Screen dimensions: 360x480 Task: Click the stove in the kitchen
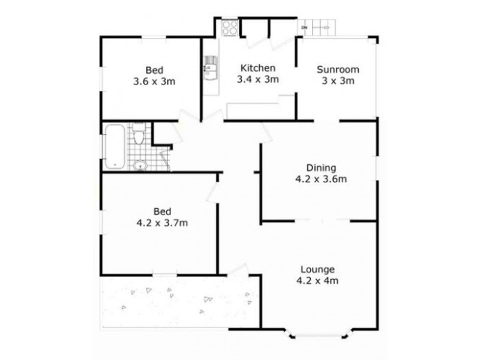229,27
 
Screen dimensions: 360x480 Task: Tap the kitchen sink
209,67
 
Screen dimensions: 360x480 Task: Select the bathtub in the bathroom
113,146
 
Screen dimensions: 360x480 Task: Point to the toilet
139,134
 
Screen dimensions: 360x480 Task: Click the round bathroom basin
140,166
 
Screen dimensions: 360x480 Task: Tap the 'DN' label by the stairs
304,28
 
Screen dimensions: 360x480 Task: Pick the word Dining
322,167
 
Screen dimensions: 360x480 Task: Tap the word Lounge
319,269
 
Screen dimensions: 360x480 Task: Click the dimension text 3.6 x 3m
154,82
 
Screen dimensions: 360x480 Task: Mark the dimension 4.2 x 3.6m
322,179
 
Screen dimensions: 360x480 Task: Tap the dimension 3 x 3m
336,80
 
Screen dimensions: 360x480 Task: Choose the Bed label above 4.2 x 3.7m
163,211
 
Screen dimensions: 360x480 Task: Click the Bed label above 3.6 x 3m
154,70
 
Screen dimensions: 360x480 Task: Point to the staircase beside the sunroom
323,27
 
